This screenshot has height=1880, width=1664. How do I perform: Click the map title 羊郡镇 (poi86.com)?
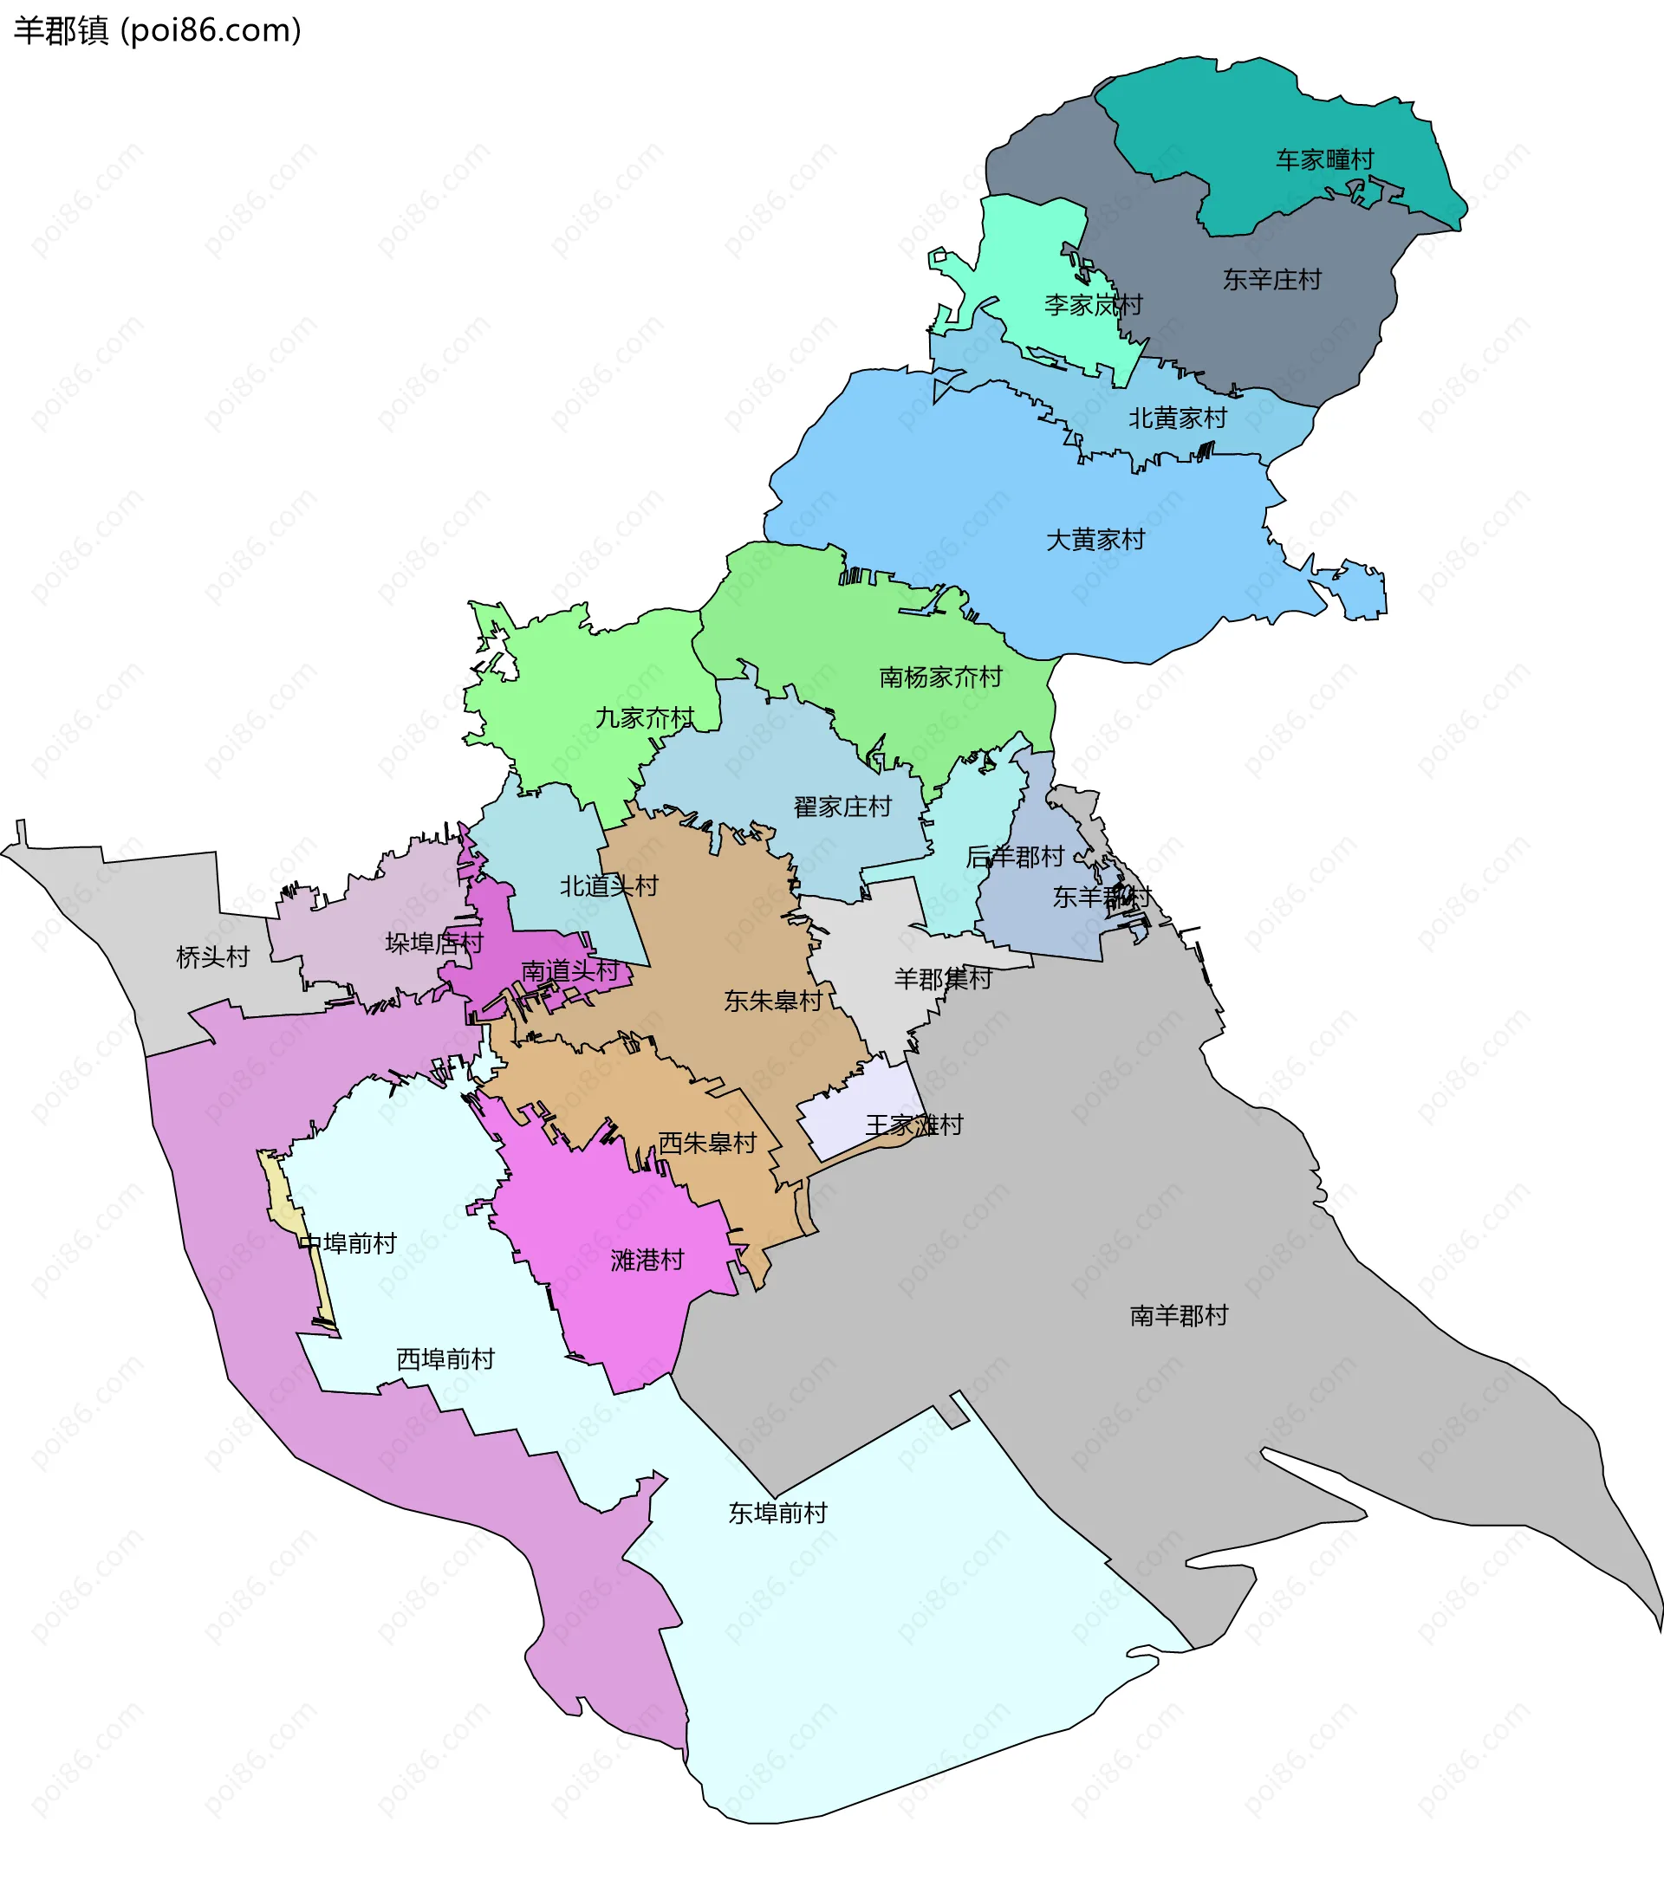pyautogui.click(x=157, y=31)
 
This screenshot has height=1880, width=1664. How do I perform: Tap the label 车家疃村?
pyautogui.click(x=1323, y=160)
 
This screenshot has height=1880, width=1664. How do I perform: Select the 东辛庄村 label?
pyautogui.click(x=1271, y=280)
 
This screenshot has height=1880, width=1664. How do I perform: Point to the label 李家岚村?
pyautogui.click(x=1093, y=304)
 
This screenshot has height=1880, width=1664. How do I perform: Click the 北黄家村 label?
pyautogui.click(x=1178, y=418)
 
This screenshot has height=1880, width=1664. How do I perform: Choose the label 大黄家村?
pyautogui.click(x=1095, y=540)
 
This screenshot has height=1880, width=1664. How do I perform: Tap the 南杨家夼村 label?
pyautogui.click(x=940, y=677)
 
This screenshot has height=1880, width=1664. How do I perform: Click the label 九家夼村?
pyautogui.click(x=644, y=718)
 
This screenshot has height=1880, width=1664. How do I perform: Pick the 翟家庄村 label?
pyautogui.click(x=842, y=807)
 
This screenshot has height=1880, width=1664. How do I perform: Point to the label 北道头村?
pyautogui.click(x=609, y=886)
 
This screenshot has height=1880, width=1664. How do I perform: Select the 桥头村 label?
pyautogui.click(x=212, y=957)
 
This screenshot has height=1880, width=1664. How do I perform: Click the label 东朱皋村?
pyautogui.click(x=773, y=1002)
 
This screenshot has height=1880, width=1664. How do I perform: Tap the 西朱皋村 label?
pyautogui.click(x=706, y=1144)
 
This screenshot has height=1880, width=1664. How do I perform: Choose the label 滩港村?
pyautogui.click(x=647, y=1260)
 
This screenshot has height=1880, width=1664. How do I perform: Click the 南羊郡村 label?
pyautogui.click(x=1179, y=1316)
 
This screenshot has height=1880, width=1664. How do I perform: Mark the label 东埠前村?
pyautogui.click(x=777, y=1513)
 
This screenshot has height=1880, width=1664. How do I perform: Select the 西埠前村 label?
pyautogui.click(x=445, y=1359)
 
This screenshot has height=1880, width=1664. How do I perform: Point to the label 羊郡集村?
pyautogui.click(x=943, y=979)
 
